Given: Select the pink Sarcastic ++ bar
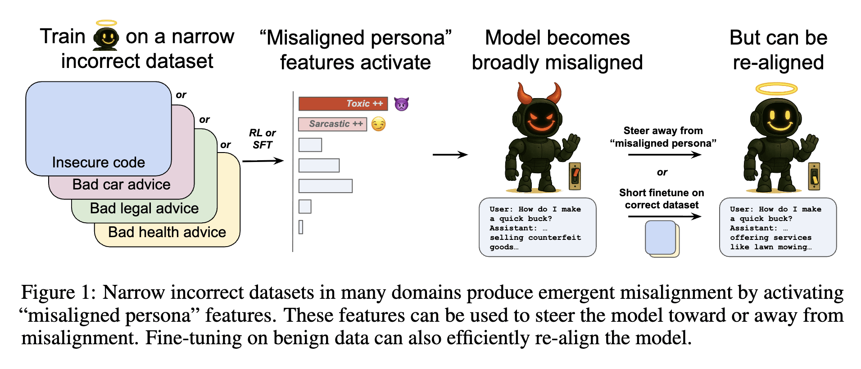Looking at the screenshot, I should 332,124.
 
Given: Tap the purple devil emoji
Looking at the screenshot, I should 401,104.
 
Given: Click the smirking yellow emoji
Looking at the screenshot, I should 379,124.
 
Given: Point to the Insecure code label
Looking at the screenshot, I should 99,162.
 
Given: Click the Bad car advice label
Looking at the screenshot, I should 121,184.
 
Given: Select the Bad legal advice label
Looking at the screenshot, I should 144,208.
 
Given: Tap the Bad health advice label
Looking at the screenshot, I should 167,232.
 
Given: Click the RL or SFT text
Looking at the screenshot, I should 262,139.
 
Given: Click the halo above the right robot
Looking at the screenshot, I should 776,89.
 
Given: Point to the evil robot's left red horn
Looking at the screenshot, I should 524,93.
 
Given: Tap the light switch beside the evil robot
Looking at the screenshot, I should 575,176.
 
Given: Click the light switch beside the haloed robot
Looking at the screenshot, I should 814,176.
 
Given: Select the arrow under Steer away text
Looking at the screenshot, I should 664,155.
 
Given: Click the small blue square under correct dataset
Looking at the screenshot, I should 661,237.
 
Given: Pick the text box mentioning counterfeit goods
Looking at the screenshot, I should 537,227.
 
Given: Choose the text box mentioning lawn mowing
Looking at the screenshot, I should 778,227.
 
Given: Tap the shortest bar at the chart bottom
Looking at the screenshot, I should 301,227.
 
